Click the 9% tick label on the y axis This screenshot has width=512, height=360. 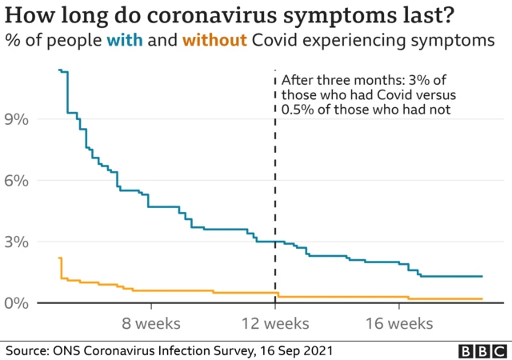[x=18, y=119]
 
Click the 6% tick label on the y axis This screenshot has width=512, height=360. [x=18, y=181]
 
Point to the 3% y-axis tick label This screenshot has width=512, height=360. [x=18, y=242]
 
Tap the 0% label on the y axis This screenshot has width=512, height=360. [x=18, y=303]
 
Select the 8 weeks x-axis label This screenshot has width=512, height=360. [x=151, y=323]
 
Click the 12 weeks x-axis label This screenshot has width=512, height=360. [x=275, y=323]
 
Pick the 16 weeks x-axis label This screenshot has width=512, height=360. [x=400, y=323]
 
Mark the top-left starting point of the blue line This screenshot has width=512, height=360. [x=59, y=70]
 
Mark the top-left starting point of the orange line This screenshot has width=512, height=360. [x=59, y=258]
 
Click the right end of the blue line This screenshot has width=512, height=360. [x=482, y=276]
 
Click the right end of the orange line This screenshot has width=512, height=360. [x=482, y=299]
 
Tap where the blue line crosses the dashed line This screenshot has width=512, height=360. [x=275, y=241]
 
